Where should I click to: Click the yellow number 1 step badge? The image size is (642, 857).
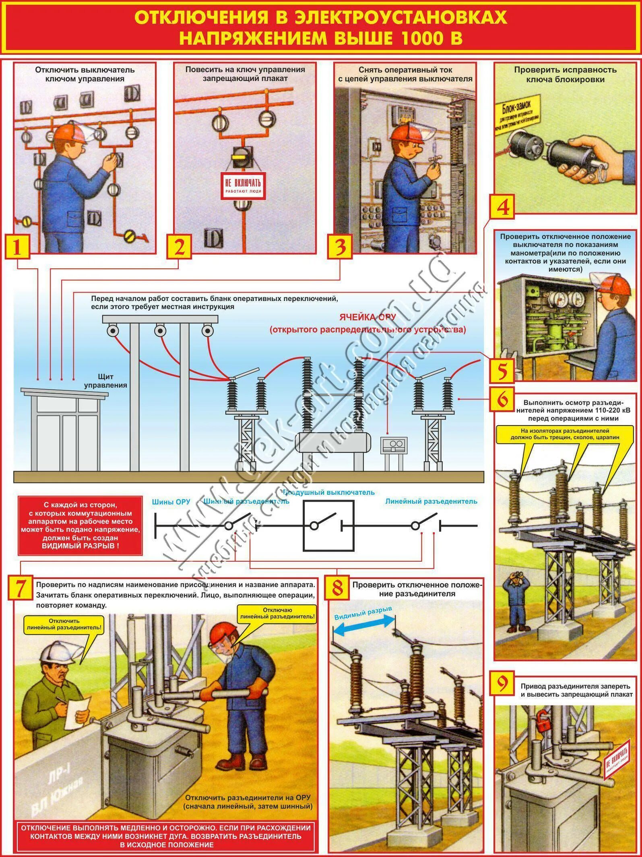click(x=17, y=247)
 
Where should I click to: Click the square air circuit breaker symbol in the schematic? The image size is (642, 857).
click(x=328, y=525)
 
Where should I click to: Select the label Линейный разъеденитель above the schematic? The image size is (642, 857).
click(x=431, y=501)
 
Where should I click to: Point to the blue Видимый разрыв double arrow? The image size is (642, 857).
click(x=363, y=621)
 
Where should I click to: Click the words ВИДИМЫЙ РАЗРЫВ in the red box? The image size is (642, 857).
click(x=80, y=546)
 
